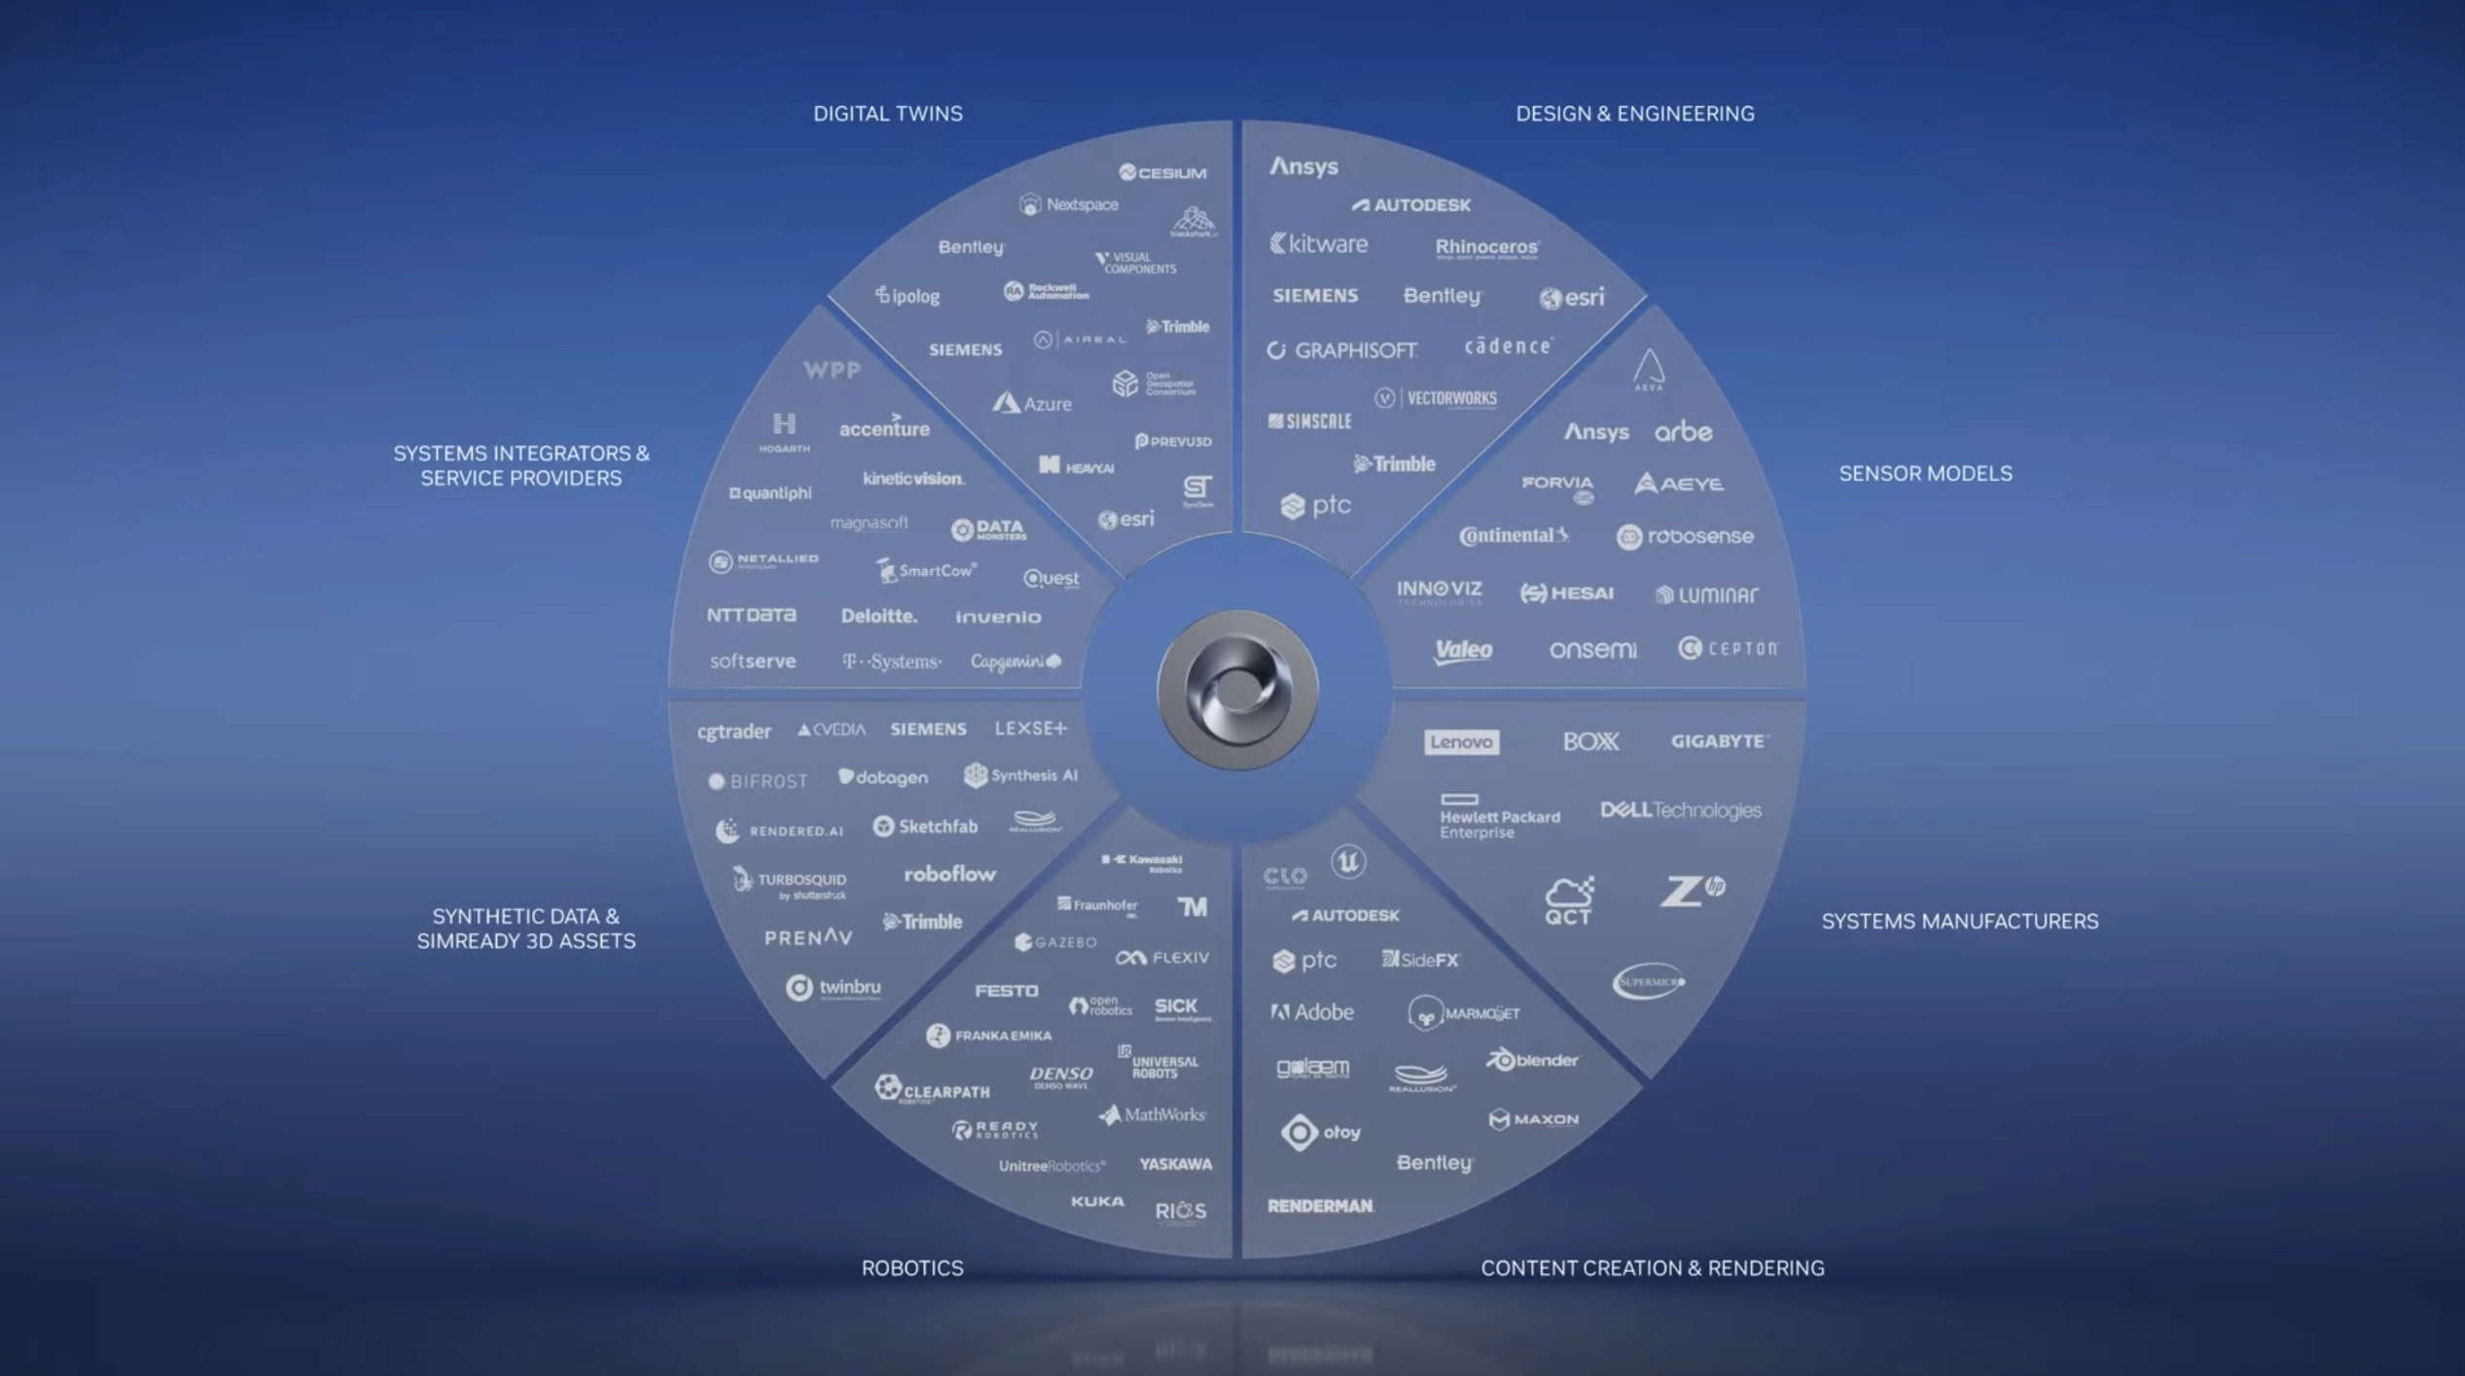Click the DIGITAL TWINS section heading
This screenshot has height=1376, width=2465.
coord(887,114)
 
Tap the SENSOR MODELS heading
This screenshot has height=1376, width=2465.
coord(1924,474)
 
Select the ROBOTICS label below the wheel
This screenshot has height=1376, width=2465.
coord(911,1268)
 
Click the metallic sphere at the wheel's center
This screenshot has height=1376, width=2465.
coord(1236,690)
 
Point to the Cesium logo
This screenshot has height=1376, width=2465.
coord(1162,172)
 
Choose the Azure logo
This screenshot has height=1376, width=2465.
coord(1032,403)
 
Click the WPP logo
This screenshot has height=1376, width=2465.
coord(832,370)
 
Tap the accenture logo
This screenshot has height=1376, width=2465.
coord(883,428)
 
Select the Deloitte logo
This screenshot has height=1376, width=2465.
coord(878,616)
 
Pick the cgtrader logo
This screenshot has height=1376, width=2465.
coord(733,731)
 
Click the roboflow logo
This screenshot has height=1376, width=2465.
coord(949,874)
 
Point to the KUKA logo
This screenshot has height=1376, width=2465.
coord(1097,1202)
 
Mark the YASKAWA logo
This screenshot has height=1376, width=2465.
coord(1175,1164)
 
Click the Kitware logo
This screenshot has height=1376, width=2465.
coord(1318,244)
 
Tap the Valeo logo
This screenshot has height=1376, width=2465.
coord(1462,650)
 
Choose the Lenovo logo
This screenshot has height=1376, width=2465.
coord(1461,742)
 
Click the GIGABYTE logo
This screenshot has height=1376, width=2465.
coord(1719,742)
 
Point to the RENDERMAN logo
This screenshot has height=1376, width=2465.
coord(1320,1206)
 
